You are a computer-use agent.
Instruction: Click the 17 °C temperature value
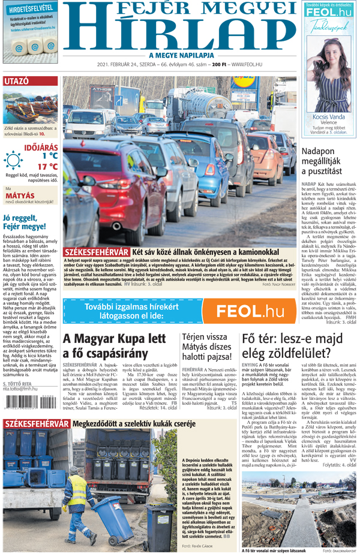coord(47,166)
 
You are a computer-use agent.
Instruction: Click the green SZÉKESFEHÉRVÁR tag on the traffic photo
coord(96,252)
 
